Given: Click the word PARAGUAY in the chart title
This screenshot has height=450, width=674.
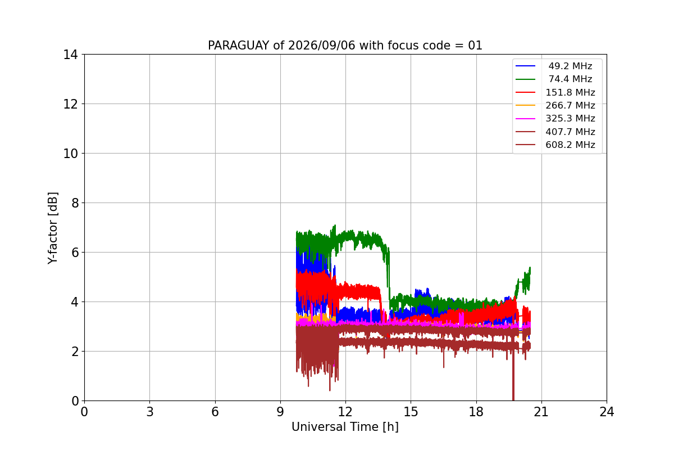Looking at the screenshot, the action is [238, 46].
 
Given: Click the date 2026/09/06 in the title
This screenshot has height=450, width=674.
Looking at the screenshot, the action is [321, 46].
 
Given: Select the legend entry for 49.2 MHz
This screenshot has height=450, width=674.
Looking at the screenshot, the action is [554, 66].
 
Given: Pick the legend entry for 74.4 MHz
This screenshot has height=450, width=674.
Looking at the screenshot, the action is [554, 79].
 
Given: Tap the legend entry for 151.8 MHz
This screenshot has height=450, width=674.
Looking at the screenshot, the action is [555, 92].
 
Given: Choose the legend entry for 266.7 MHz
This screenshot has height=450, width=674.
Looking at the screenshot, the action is [555, 105].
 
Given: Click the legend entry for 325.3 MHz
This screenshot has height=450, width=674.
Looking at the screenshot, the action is [555, 119].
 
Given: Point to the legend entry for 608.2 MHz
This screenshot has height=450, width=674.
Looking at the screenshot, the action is [555, 145].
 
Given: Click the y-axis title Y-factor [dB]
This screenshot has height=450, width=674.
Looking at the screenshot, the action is [53, 228].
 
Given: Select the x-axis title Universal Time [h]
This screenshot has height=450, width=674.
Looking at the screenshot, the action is [345, 427].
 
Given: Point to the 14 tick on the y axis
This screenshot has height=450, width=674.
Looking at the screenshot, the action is [70, 55].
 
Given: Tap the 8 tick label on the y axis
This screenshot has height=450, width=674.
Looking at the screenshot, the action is [75, 203].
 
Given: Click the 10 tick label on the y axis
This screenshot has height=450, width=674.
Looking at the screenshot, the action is [70, 154].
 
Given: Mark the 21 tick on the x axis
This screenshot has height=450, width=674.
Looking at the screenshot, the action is [541, 412].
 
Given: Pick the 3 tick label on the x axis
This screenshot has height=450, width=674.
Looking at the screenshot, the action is [150, 412].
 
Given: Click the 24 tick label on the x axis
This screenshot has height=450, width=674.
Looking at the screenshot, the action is [607, 412].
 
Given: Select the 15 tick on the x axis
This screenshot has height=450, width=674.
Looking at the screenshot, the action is [411, 412].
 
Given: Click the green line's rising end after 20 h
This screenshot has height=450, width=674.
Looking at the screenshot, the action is [530, 268].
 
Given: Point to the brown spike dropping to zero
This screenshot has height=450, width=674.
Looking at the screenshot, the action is [513, 377].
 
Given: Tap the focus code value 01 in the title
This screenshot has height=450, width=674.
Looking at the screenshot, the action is [475, 46].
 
